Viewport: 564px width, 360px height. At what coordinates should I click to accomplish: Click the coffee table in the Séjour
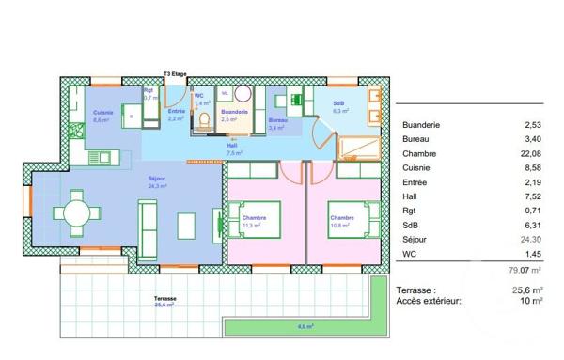click(x=187, y=225)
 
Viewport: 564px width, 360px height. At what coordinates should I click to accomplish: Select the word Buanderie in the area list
click(x=421, y=125)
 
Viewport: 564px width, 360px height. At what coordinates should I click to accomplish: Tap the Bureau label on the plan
click(x=278, y=120)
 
